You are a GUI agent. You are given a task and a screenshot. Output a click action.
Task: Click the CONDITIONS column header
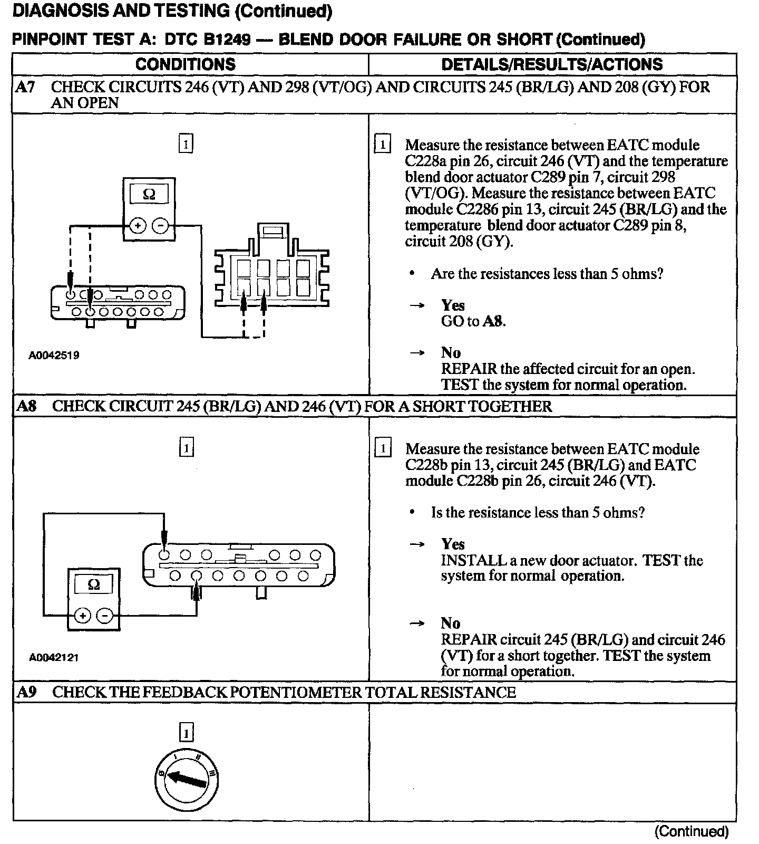click(186, 64)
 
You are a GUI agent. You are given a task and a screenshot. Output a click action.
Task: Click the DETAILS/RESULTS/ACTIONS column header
click(552, 64)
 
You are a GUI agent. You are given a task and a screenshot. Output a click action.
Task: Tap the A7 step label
click(25, 87)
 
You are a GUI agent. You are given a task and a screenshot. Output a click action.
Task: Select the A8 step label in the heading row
click(26, 407)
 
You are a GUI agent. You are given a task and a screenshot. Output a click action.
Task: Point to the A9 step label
click(26, 692)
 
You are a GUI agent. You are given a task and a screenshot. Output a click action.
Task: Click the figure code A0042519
click(54, 355)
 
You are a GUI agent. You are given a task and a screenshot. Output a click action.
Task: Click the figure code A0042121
click(54, 657)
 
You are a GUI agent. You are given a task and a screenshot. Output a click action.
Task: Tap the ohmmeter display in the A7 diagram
click(149, 195)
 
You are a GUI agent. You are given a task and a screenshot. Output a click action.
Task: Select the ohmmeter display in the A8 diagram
click(93, 584)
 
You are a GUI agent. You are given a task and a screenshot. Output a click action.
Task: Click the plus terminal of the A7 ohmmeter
click(138, 226)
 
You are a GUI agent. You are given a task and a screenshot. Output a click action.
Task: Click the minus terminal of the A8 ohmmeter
click(105, 616)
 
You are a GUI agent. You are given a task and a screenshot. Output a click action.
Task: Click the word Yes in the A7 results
click(453, 305)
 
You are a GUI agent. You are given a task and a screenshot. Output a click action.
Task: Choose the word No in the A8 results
click(451, 624)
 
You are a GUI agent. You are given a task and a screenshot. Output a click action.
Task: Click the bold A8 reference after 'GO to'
click(493, 321)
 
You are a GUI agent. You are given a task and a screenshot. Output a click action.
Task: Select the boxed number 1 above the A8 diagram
click(187, 448)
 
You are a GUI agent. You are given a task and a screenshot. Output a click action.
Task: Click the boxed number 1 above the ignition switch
click(187, 733)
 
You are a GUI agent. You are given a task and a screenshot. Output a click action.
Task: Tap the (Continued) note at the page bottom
click(691, 831)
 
